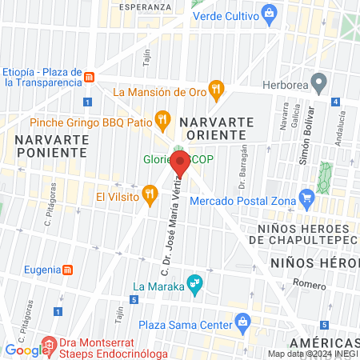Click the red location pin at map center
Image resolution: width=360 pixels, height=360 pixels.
pos(180,164)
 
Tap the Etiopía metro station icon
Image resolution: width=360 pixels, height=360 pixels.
pos(90,78)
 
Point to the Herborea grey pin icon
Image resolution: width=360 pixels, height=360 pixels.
pos(318,82)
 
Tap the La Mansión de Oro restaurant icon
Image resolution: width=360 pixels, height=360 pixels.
pos(214,90)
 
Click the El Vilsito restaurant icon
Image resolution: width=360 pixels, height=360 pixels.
pos(150,194)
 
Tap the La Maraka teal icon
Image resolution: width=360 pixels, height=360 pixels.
pos(194,283)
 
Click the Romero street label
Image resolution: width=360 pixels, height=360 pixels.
pos(310,285)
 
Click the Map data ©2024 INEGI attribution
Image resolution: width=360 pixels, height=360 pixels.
pos(312,354)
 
